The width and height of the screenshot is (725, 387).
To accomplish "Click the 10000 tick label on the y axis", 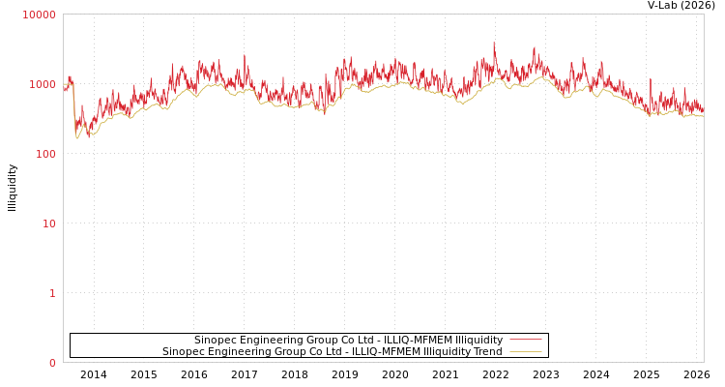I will (x=40, y=15).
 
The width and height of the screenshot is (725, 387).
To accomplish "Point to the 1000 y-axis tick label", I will (x=43, y=84).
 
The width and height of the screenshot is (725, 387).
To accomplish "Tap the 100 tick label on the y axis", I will (x=45, y=154).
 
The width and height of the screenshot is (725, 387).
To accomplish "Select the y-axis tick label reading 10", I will (x=48, y=223).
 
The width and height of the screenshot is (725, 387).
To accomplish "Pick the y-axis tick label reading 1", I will (x=52, y=293).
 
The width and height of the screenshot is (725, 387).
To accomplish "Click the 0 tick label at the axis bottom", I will (x=52, y=363).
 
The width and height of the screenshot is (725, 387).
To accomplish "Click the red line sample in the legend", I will (x=525, y=340).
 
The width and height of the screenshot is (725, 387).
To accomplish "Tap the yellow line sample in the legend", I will (x=525, y=351).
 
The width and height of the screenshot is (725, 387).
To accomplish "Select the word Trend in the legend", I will (x=487, y=351).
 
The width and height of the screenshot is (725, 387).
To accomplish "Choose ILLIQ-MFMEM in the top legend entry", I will (x=418, y=340).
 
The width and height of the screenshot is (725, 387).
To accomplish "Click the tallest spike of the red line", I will (x=494, y=43).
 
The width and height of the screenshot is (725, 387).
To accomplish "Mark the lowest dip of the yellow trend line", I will (x=78, y=138).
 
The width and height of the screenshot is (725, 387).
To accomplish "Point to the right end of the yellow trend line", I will (x=703, y=116).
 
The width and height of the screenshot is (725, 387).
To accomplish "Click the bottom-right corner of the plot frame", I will (x=704, y=362).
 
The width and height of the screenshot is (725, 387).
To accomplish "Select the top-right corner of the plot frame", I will (x=704, y=14).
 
